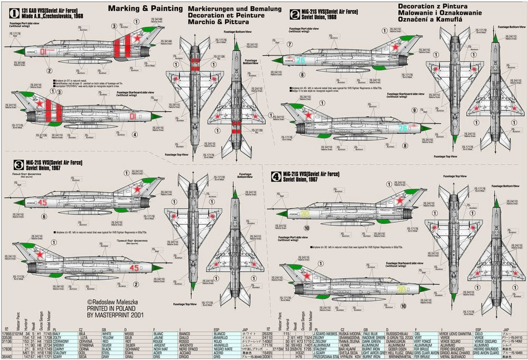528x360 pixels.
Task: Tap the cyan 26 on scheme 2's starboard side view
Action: [402, 127]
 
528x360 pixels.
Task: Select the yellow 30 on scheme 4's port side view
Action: [306, 213]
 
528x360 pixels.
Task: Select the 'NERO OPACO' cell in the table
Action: [190, 349]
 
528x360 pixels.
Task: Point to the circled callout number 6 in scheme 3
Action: [44, 216]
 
